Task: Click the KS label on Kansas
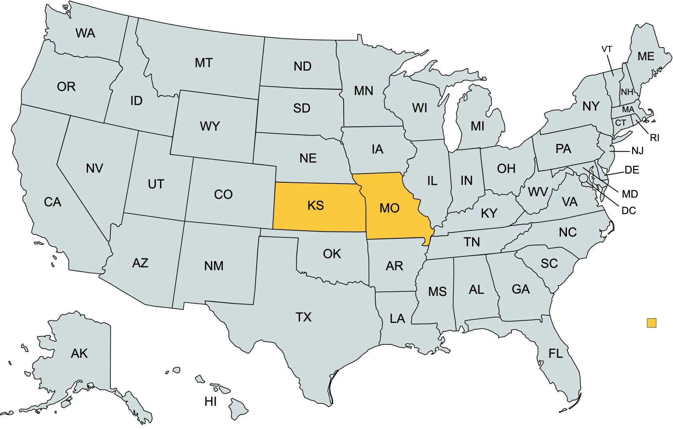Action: tap(315, 205)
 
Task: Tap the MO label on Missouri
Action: tap(389, 208)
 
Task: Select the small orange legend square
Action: tap(651, 323)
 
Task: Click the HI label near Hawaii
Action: tap(211, 402)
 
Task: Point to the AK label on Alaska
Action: tap(79, 353)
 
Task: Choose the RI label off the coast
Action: tap(654, 138)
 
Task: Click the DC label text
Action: tap(628, 211)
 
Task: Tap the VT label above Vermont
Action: tap(606, 49)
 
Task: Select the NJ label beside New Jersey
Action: tap(637, 151)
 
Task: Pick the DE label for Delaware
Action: tap(632, 170)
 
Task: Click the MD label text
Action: tap(630, 194)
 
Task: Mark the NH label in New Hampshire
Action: tap(627, 92)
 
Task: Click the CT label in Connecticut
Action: tap(620, 123)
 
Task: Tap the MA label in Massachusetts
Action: tap(628, 110)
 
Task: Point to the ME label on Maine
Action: tap(646, 56)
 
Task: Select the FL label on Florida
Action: tap(555, 353)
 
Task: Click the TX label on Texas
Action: tap(303, 317)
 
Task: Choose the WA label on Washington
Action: tap(85, 33)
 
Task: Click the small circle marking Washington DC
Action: tap(583, 179)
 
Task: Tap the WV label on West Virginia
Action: tap(538, 192)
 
